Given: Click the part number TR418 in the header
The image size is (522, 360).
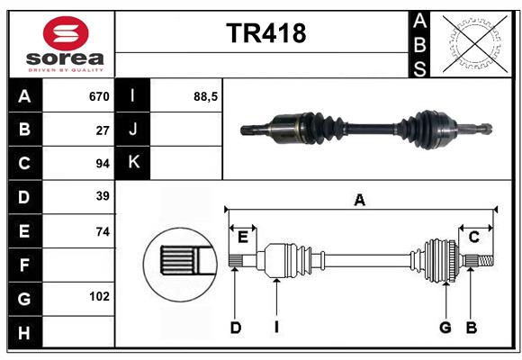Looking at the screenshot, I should point(265,33).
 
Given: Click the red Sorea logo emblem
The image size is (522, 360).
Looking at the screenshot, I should point(65,35).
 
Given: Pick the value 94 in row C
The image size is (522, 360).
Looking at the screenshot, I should point(102,164).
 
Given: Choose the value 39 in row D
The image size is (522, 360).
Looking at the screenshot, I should point(102,196).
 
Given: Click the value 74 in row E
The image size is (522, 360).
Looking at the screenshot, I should point(102,231).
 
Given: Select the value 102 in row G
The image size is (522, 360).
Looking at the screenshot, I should point(99,295).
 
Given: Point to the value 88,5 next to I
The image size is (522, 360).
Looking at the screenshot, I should point(206,96).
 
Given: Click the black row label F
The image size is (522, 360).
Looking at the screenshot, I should point(24,266).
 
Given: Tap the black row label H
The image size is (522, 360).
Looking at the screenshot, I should point(24,333).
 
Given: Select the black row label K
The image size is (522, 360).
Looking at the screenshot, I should point(133,163).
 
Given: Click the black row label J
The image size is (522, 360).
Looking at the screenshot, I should point(133,130).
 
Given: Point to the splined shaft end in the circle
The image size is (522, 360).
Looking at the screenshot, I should point(180,261).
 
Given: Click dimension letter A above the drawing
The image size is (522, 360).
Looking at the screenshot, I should point(359,200).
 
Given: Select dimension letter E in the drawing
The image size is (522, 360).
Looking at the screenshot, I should point(242,237).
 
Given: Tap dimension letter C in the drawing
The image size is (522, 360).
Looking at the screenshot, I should point(473,237).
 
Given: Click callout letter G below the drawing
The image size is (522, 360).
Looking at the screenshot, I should point(445,328).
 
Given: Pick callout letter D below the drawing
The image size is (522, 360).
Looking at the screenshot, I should point(235,328).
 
